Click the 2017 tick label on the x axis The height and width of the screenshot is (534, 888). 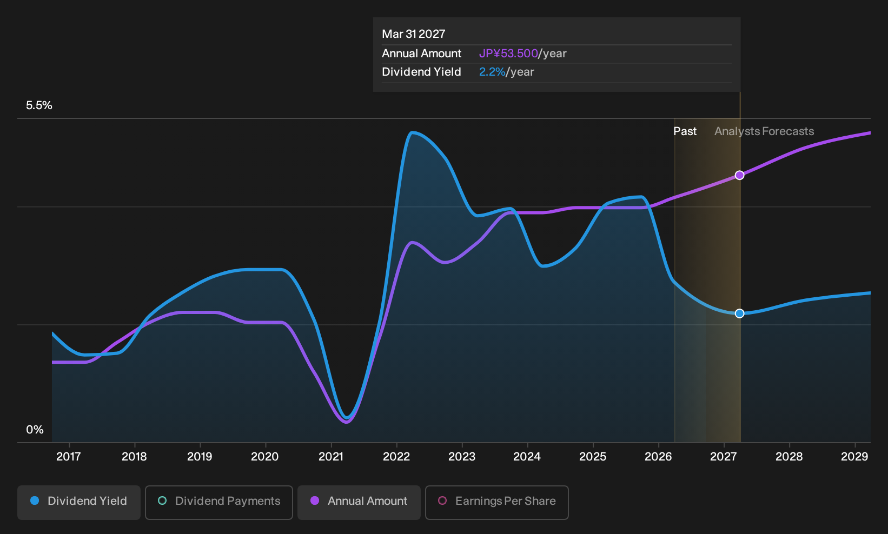tap(69, 457)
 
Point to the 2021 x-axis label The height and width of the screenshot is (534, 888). tap(330, 457)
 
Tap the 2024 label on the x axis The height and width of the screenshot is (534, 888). tap(527, 457)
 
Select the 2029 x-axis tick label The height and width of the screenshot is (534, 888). tap(854, 457)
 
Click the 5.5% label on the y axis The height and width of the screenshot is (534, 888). tap(39, 105)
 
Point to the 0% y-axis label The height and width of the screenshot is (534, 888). tap(35, 430)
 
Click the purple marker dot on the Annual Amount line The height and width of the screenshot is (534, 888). tap(739, 175)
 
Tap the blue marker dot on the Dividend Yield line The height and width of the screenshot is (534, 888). tap(739, 313)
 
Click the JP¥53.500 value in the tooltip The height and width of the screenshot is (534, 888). tap(508, 54)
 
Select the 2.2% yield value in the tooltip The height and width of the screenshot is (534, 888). tap(492, 72)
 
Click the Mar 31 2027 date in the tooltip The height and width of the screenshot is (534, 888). tap(414, 34)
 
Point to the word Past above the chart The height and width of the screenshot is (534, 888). tap(685, 131)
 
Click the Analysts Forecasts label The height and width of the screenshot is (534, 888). tap(764, 131)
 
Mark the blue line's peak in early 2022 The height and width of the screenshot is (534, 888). tap(412, 132)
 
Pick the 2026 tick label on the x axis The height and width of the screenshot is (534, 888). tap(658, 457)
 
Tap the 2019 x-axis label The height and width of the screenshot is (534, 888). tap(200, 457)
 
